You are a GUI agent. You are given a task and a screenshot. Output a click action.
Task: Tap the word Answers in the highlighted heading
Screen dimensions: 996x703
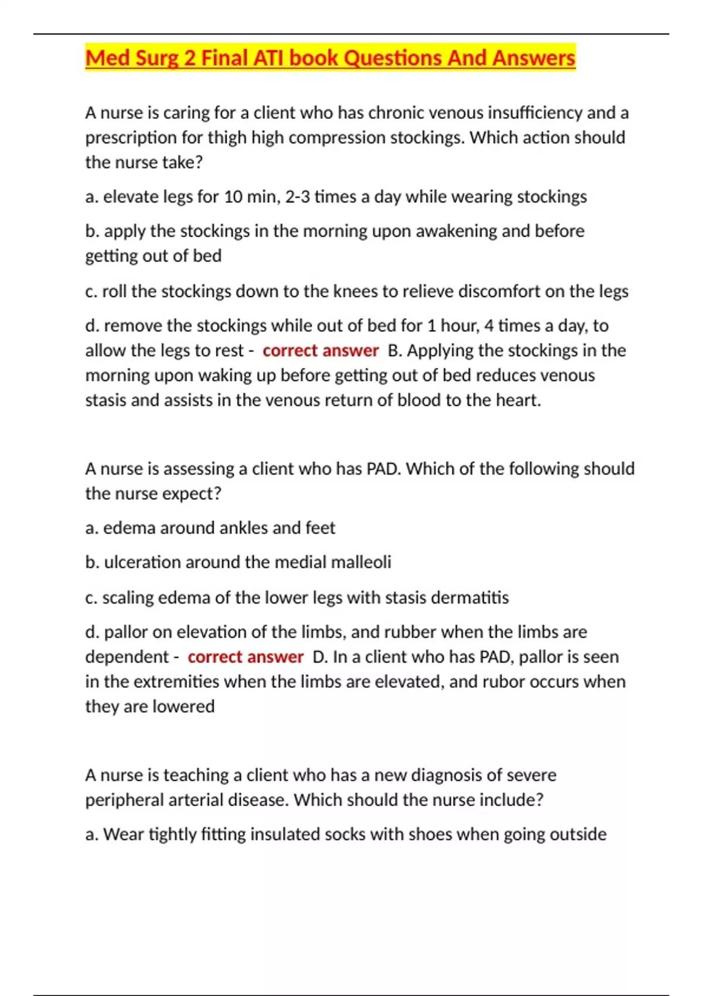click(x=534, y=58)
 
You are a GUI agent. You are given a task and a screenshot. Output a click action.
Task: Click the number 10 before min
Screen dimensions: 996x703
click(x=233, y=197)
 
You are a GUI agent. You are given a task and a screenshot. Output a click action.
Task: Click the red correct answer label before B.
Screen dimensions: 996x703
click(x=320, y=350)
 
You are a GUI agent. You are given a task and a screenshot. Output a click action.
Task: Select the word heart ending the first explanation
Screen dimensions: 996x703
click(x=518, y=400)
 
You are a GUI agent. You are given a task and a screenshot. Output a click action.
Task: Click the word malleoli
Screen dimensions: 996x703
click(x=361, y=562)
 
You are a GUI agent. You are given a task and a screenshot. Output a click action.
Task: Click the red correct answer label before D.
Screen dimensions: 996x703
click(x=245, y=657)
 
